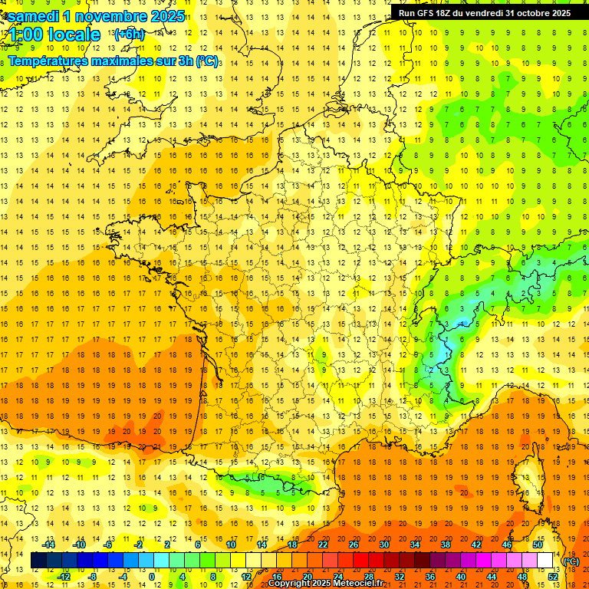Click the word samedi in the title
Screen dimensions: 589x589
click(35, 16)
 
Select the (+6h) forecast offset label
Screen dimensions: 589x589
click(129, 35)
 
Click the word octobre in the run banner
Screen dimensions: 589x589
click(531, 13)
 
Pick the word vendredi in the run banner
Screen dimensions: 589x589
click(489, 13)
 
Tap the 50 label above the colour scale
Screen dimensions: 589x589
click(538, 545)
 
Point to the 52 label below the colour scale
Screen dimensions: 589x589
click(553, 577)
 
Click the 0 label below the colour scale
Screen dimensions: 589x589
click(153, 577)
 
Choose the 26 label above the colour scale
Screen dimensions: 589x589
click(354, 545)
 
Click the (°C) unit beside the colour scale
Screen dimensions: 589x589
click(571, 561)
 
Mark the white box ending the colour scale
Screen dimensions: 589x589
click(545, 561)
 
